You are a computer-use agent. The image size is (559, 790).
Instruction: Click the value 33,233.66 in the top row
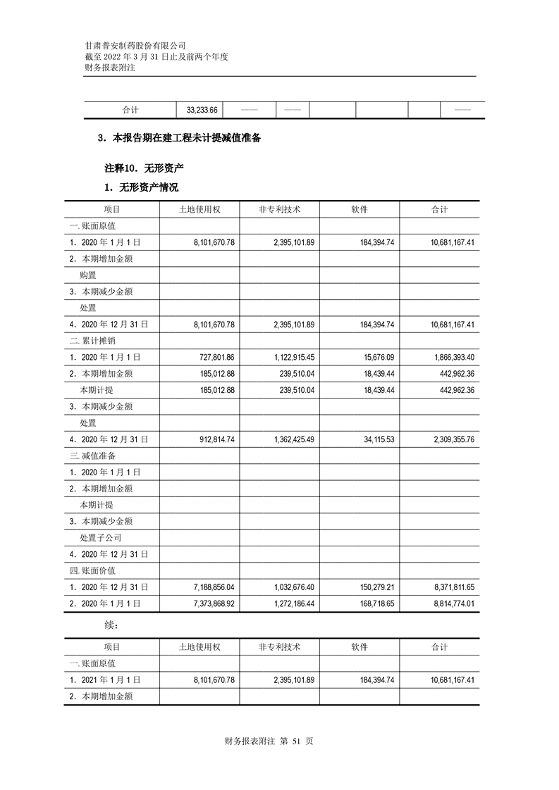202,111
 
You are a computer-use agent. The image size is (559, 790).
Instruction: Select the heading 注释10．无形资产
144,169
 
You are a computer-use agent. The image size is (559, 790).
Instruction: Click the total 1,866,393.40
451,357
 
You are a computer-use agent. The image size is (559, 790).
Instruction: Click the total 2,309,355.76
451,439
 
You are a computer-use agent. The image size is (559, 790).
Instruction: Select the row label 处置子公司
100,537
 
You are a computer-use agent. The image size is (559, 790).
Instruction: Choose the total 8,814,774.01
451,603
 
